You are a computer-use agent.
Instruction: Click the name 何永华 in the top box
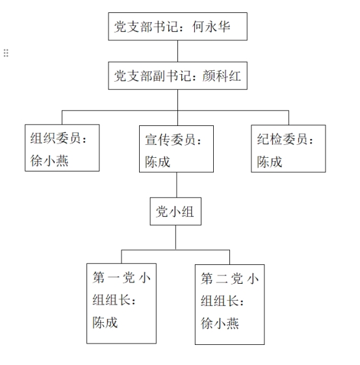tap(211, 27)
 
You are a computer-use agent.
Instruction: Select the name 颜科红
tap(222, 76)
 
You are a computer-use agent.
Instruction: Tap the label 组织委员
tap(55, 138)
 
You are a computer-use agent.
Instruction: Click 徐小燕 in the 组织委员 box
tap(49, 160)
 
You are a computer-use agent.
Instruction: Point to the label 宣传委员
tap(170, 140)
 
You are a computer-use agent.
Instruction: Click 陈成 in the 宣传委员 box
tap(158, 162)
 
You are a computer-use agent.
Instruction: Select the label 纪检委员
tap(282, 139)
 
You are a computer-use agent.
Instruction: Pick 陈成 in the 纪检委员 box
tap(270, 162)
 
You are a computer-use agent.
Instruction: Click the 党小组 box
tap(175, 211)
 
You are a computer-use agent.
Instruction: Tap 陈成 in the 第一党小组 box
tap(105, 322)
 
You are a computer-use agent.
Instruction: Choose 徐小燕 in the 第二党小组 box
tap(220, 323)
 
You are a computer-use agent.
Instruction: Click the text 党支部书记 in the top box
tap(146, 27)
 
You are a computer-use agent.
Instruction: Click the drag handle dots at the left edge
tap(6, 53)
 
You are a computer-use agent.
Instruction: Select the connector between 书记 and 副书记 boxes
tap(177, 51)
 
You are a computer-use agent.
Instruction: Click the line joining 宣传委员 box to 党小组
tap(177, 185)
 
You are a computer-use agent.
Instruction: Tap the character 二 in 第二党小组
tap(222, 279)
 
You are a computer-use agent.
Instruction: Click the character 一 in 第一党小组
tap(114, 278)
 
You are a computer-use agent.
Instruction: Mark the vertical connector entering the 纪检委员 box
tap(289, 118)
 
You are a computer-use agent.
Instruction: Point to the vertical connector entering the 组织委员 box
tap(62, 118)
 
